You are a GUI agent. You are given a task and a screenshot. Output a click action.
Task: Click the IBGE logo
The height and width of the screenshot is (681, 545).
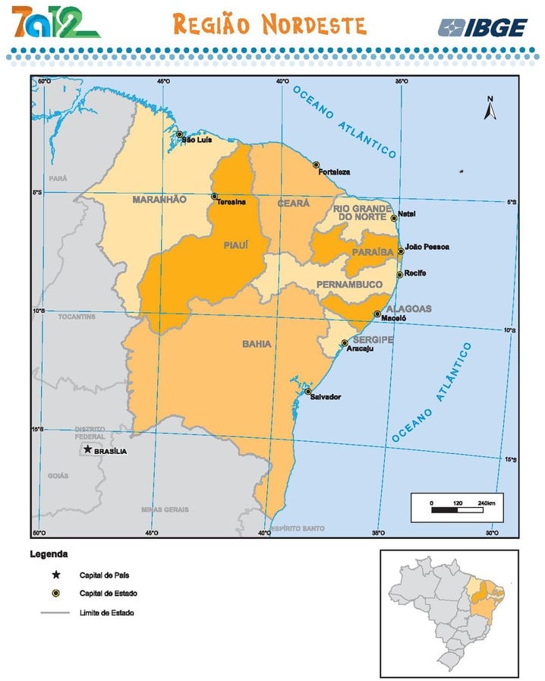coord(483,28)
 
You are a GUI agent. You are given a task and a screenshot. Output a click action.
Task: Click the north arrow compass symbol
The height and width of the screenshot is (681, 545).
coord(490,109)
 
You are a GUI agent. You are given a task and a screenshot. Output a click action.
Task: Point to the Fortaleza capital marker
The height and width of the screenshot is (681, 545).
coord(317,165)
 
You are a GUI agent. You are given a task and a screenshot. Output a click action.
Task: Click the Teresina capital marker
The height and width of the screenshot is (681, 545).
coord(214,196)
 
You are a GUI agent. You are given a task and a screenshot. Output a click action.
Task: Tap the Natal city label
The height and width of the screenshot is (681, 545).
coord(407,213)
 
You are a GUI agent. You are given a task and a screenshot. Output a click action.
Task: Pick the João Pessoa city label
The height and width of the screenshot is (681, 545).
coord(427,247)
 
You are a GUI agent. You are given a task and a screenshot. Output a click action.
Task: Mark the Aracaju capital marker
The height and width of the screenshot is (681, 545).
coord(344,342)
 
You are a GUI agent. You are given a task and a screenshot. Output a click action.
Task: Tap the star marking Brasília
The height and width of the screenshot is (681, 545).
coord(88,449)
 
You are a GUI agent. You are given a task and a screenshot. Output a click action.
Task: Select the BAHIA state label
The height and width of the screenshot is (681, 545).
coord(257,344)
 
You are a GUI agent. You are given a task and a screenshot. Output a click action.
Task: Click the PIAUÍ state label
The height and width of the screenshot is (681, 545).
coord(236,245)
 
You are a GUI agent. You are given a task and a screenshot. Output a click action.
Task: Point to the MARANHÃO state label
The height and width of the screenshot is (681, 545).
coord(159,200)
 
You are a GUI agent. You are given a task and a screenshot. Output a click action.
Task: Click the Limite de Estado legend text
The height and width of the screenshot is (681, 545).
coord(106,612)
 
